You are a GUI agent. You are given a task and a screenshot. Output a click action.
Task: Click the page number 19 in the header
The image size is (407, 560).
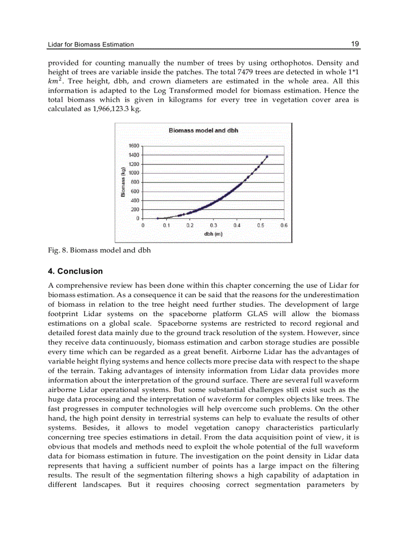[x=355, y=44]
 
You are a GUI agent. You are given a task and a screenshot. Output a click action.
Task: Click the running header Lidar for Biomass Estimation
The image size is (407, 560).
[x=91, y=44]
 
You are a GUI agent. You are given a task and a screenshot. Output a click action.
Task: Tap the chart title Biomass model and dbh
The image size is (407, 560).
[x=203, y=130]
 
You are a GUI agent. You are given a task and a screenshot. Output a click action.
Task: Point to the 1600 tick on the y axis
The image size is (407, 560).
[x=135, y=146]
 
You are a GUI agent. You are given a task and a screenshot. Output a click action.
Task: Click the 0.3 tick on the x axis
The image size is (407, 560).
[x=213, y=225]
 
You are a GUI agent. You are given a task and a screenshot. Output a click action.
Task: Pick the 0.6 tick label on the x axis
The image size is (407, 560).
[x=284, y=225]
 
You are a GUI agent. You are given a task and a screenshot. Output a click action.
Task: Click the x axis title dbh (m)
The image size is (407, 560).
[x=213, y=234]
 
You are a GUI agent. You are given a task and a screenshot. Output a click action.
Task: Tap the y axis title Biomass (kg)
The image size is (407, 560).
[x=123, y=182]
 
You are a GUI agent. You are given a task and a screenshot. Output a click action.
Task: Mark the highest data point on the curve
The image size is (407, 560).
[x=267, y=156]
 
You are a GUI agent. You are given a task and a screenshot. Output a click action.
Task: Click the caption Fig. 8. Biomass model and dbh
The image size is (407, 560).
[x=99, y=250]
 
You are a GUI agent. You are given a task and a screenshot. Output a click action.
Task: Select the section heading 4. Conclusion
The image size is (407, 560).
[x=75, y=271]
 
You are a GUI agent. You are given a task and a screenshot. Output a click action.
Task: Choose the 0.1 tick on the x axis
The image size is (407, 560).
[x=166, y=225]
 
